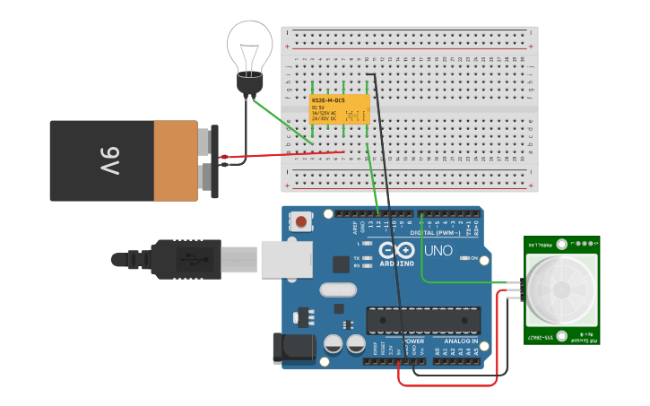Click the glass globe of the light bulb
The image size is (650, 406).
point(249,44)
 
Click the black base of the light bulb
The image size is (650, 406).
point(248,86)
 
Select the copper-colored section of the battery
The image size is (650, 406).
point(176,161)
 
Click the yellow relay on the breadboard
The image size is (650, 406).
point(340,109)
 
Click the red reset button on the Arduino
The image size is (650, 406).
point(300,220)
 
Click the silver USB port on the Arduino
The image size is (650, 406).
point(285,259)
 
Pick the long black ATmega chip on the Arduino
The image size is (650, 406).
point(422,320)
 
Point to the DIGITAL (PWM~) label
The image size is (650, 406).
point(437,232)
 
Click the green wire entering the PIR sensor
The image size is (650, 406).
point(466,282)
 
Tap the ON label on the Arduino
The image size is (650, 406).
point(473,258)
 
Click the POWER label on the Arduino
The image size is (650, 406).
point(413,341)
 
